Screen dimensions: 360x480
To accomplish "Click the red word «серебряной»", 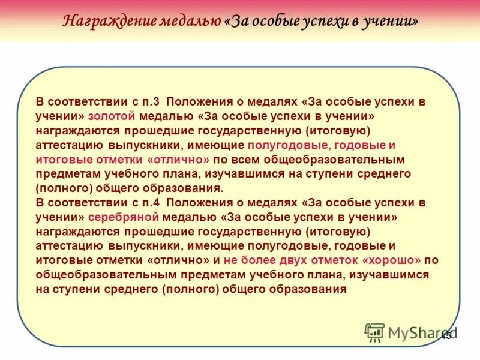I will [122, 217].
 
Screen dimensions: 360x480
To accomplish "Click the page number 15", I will [446, 337].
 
